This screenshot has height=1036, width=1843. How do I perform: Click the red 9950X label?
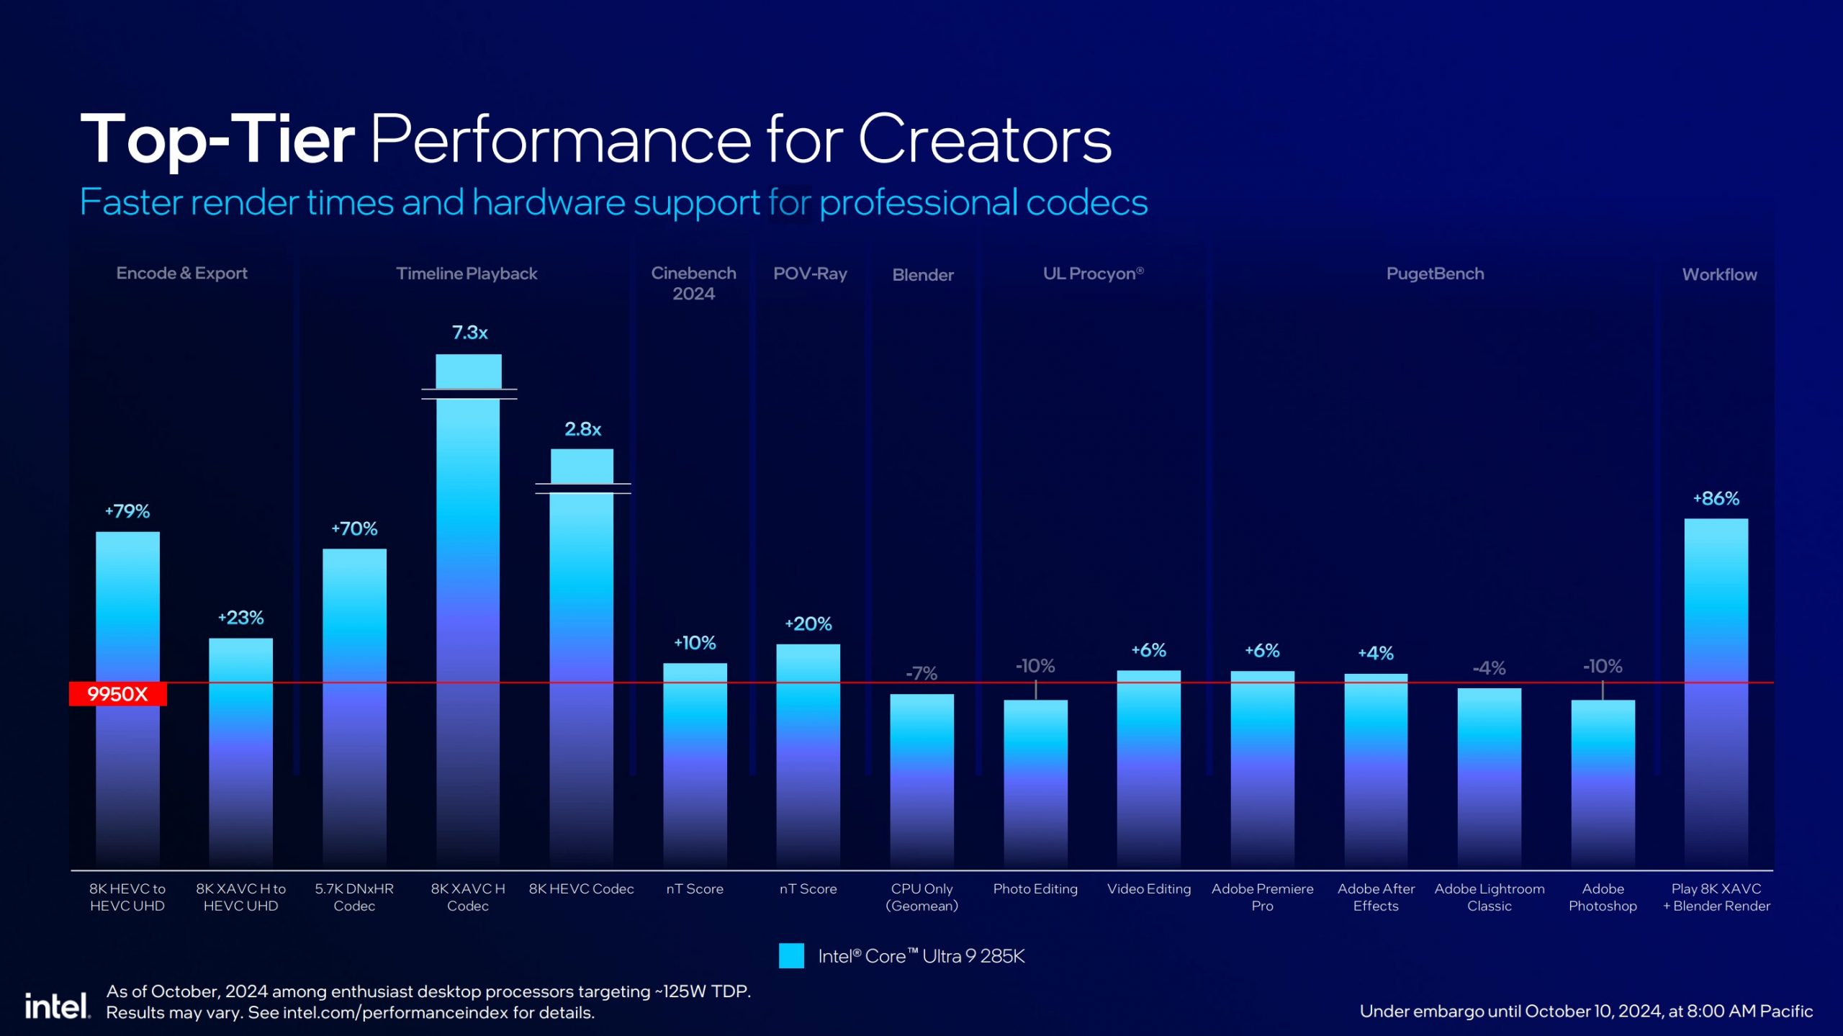pos(117,694)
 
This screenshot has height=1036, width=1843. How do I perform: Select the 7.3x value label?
pos(469,333)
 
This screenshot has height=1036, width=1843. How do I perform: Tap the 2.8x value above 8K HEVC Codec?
pos(582,429)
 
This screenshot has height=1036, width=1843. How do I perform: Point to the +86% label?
pos(1716,498)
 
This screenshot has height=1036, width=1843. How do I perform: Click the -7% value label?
pos(921,674)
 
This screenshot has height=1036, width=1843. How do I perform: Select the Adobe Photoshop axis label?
pos(1603,897)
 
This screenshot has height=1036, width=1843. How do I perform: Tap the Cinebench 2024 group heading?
pos(693,283)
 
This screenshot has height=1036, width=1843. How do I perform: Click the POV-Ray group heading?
pos(810,274)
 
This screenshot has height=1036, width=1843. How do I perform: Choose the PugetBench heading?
pos(1435,274)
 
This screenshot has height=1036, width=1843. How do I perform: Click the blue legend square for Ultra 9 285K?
pos(791,956)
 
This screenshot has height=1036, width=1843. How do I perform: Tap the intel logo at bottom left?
pos(57,1005)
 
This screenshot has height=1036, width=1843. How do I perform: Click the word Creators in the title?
pos(985,139)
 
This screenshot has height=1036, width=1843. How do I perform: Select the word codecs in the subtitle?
pos(1086,202)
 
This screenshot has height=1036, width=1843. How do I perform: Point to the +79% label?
pos(127,511)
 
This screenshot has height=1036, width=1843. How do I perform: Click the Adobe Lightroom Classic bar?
pos(1489,778)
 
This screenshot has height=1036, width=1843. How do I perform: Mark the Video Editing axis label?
pos(1149,889)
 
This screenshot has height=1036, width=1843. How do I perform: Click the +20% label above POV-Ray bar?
pos(808,623)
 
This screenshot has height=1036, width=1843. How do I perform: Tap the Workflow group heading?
pos(1719,274)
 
